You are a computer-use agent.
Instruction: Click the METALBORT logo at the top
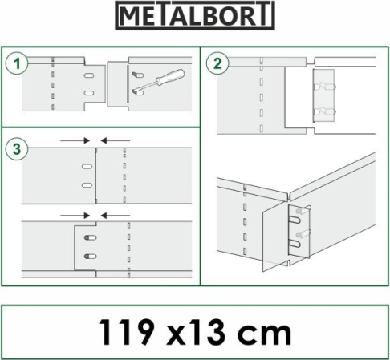[x=195, y=15]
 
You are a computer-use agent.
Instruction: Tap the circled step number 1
[x=17, y=64]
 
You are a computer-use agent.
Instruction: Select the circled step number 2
[x=217, y=63]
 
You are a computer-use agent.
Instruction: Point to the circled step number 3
[x=17, y=149]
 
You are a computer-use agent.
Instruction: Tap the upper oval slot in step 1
[x=89, y=75]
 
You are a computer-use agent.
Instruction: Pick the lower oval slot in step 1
[x=89, y=93]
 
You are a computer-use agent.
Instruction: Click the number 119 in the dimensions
[x=127, y=332]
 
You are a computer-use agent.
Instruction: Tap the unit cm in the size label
[x=265, y=336]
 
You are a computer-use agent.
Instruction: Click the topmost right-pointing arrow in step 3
[x=75, y=140]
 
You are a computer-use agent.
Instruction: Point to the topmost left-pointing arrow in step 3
[x=116, y=140]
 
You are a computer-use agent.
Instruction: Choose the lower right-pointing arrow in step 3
[x=75, y=216]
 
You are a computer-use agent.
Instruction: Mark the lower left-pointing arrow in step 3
[x=116, y=216]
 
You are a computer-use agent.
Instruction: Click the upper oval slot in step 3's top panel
[x=87, y=166]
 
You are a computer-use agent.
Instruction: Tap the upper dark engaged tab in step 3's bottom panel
[x=90, y=237]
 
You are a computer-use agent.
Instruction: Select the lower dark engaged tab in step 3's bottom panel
[x=90, y=257]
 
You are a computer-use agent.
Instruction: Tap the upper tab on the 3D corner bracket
[x=302, y=212]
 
